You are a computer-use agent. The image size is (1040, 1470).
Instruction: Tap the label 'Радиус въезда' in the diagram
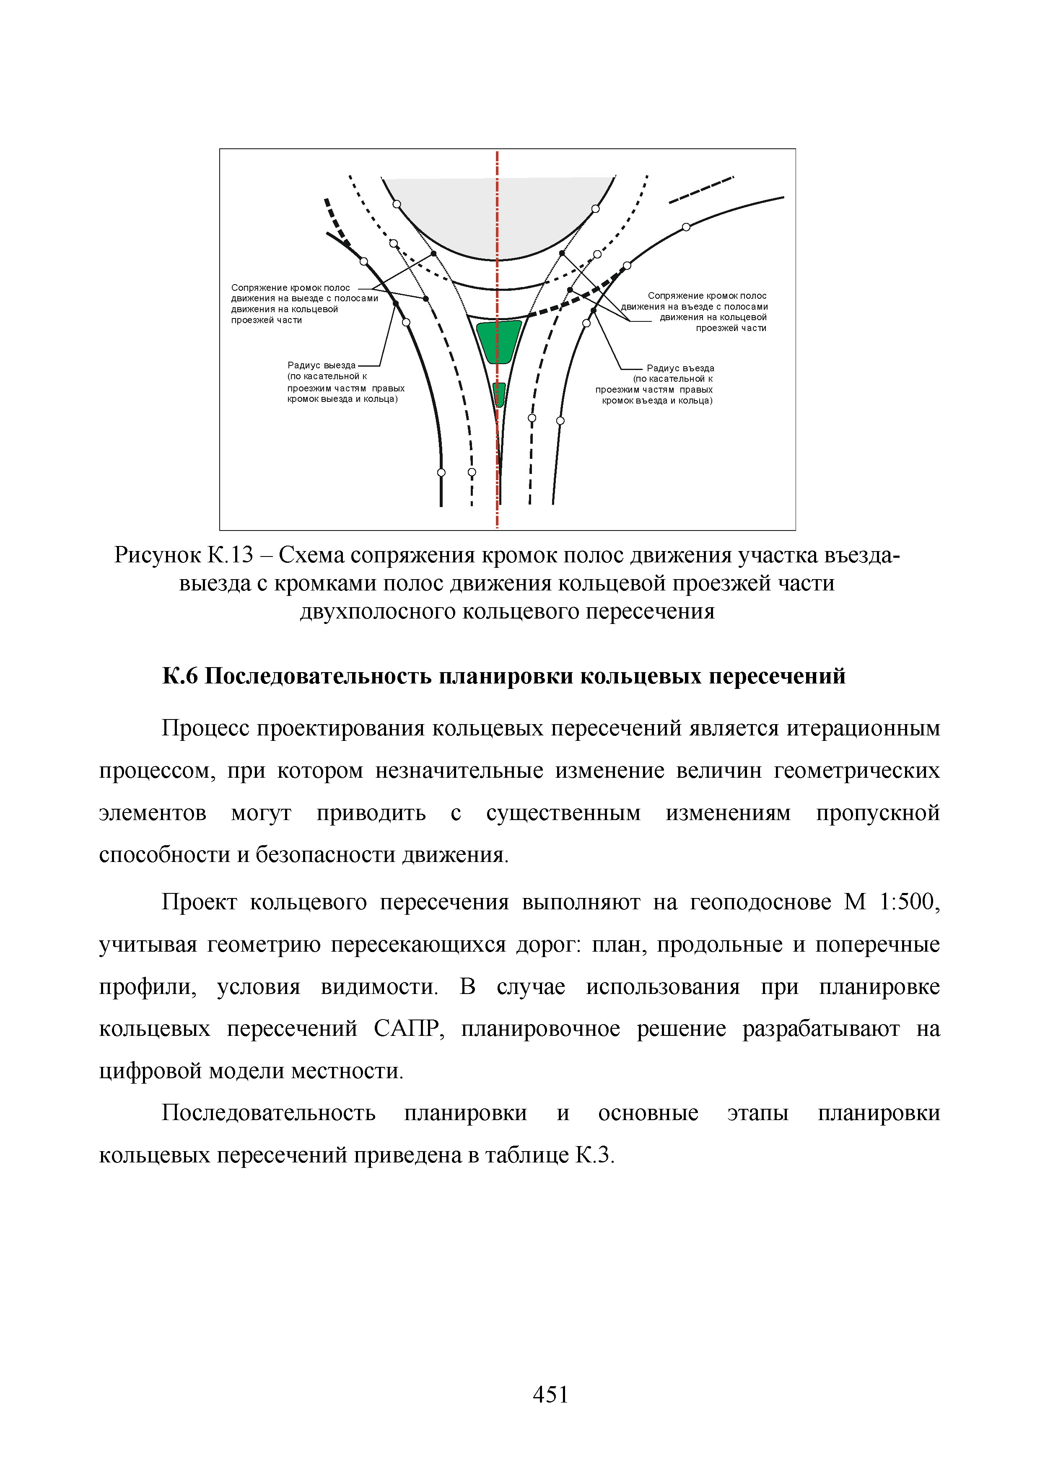680,368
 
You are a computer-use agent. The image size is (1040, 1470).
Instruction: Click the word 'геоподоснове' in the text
761,902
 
